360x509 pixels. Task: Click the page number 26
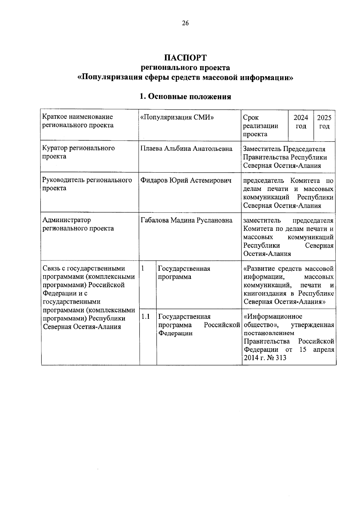tap(185, 23)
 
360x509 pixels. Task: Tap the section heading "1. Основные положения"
tap(185, 97)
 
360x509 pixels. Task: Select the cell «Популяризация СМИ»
tap(177, 117)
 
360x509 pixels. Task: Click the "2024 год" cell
tap(301, 122)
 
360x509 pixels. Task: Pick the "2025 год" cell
tap(324, 122)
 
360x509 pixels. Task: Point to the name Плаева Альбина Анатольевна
tap(186, 149)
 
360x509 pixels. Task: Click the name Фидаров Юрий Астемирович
tap(186, 180)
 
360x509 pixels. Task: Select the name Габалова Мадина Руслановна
tap(186, 220)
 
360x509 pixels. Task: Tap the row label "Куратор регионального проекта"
tap(78, 152)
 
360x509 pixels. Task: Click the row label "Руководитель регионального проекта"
tap(87, 184)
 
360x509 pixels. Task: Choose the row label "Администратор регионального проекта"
tap(78, 224)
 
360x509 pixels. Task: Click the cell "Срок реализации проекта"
tap(260, 126)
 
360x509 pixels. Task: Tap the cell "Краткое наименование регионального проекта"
tap(78, 121)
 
